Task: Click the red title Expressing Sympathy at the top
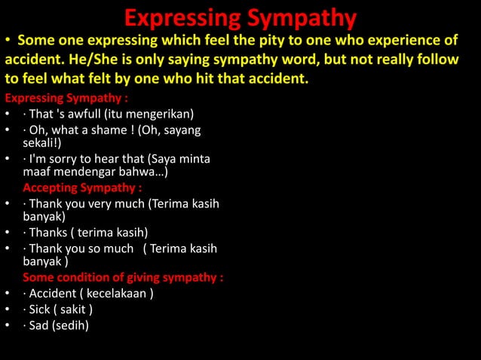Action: click(240, 16)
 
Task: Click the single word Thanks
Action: click(49, 232)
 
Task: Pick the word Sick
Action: click(41, 309)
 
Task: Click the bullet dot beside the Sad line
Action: click(7, 326)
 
